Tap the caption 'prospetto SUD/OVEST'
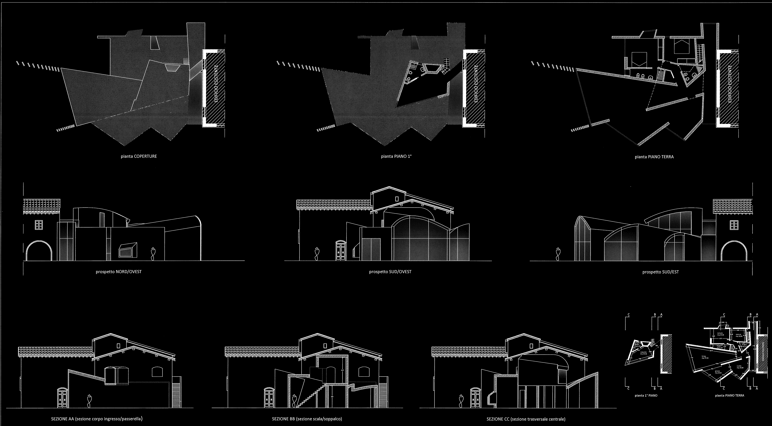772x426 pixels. click(390, 272)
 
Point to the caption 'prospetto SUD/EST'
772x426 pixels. click(660, 272)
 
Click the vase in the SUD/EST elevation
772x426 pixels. click(558, 254)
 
